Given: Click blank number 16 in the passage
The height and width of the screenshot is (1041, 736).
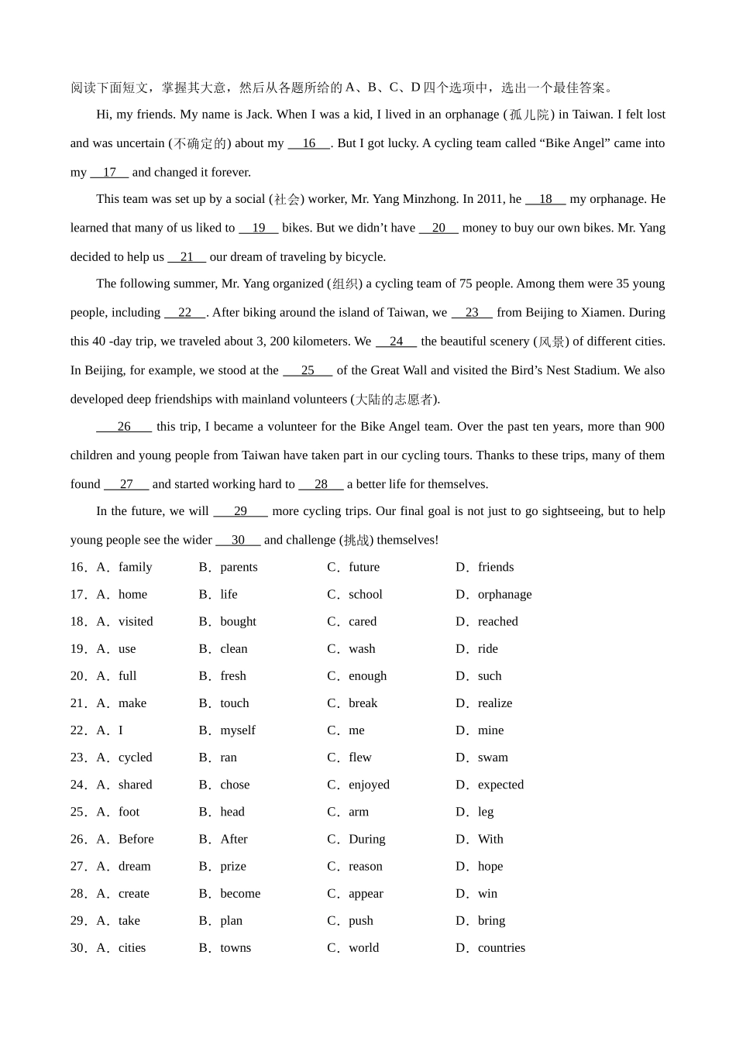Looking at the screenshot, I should click(309, 143).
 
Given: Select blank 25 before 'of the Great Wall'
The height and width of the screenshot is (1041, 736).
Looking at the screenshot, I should click(308, 370).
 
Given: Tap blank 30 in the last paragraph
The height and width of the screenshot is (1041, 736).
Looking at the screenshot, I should click(238, 540).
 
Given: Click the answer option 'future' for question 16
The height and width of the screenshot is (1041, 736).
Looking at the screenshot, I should click(364, 567).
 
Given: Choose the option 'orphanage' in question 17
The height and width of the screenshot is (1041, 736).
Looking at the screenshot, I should click(504, 594).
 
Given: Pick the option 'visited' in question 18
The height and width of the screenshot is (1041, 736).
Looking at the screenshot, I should click(136, 621).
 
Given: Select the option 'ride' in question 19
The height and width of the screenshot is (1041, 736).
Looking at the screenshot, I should click(488, 648).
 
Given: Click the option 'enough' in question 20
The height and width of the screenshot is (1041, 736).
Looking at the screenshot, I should click(367, 676).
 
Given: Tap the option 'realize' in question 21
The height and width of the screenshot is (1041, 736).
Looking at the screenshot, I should click(495, 703).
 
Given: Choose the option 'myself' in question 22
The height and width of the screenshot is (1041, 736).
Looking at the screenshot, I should click(238, 730).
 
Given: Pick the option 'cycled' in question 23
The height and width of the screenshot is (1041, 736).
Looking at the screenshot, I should click(136, 758).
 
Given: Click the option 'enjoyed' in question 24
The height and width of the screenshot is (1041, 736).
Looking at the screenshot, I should click(369, 785).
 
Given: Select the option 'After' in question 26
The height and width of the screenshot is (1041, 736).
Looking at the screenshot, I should click(234, 839).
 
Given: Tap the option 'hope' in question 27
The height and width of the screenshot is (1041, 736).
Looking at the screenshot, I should click(490, 866).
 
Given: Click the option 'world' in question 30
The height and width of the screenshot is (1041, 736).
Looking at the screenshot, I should click(364, 947).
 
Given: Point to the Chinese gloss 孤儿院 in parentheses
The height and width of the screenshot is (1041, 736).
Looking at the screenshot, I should click(529, 115).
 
